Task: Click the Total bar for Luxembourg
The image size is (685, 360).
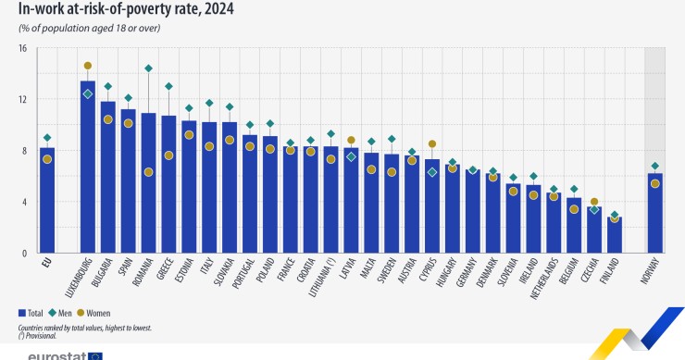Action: click(88, 167)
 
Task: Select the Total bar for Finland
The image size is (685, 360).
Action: click(615, 234)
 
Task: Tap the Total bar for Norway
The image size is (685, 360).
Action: click(655, 213)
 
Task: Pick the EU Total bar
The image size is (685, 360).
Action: click(47, 200)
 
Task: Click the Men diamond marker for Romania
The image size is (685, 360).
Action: click(148, 68)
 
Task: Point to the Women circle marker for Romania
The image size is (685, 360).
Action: click(148, 172)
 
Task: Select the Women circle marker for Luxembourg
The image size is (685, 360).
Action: click(88, 66)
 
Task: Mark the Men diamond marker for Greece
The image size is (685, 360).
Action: click(168, 86)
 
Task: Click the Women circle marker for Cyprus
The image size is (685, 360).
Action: click(432, 143)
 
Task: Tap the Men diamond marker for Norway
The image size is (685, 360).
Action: click(655, 166)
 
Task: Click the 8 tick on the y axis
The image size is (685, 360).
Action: click(24, 150)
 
